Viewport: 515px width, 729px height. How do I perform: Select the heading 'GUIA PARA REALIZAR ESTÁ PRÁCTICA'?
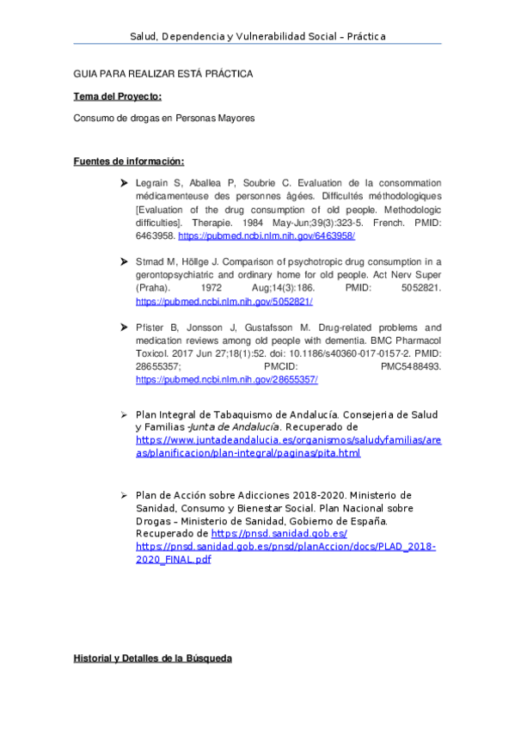coord(163,74)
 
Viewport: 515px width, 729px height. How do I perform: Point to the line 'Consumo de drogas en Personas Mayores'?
coord(164,119)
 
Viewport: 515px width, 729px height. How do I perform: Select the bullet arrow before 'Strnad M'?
coord(125,261)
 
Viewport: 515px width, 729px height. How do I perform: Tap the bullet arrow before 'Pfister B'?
coord(125,328)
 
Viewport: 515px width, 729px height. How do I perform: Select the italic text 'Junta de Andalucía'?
coord(234,427)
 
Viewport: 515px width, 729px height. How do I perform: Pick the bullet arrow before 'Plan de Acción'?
coord(125,495)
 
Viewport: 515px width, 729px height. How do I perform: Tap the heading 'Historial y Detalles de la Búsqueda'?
coord(152,659)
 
